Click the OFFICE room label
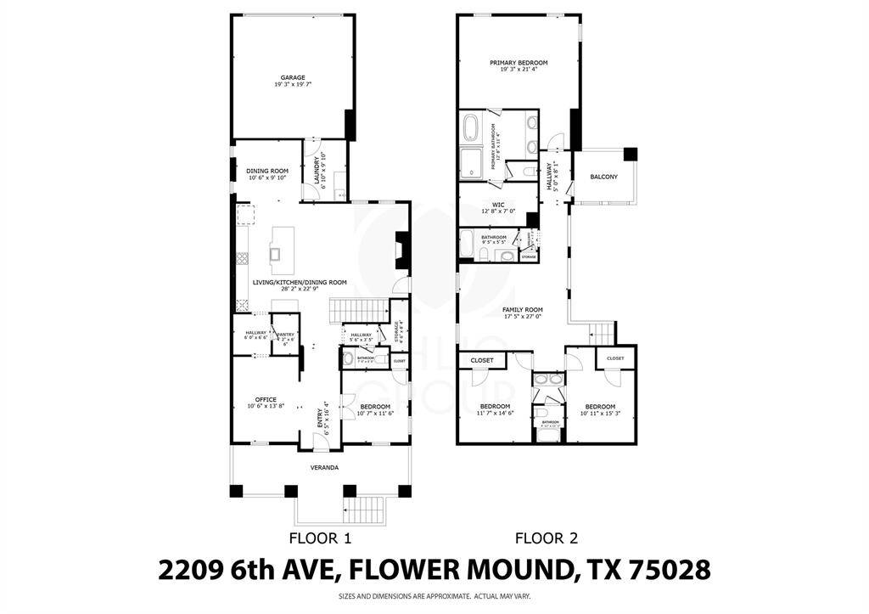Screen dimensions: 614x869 pyautogui.click(x=266, y=399)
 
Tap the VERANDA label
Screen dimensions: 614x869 pyautogui.click(x=322, y=466)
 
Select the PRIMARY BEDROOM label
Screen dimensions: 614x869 pyautogui.click(x=518, y=63)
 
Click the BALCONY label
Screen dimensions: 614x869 pyautogui.click(x=603, y=177)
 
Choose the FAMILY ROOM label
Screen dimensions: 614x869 pyautogui.click(x=522, y=310)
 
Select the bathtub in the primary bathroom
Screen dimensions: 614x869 pyautogui.click(x=472, y=131)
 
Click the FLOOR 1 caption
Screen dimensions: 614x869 pyautogui.click(x=320, y=538)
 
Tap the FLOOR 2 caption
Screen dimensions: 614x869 pyautogui.click(x=547, y=538)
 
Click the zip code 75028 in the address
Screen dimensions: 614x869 pyautogui.click(x=667, y=570)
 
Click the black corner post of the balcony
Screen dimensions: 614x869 pyautogui.click(x=631, y=154)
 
